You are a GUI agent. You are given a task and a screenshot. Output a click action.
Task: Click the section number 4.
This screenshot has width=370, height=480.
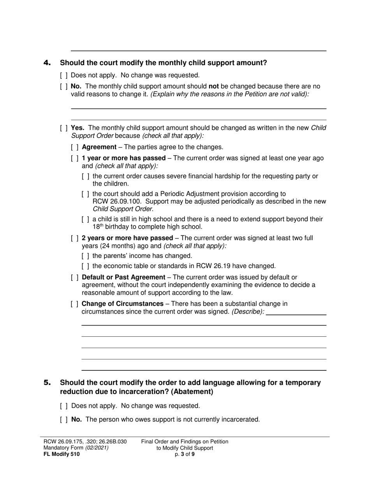click(x=47, y=63)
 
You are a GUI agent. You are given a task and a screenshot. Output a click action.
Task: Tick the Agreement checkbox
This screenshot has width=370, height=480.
click(x=75, y=147)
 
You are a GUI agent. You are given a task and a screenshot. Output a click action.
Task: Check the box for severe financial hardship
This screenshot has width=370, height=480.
click(x=86, y=176)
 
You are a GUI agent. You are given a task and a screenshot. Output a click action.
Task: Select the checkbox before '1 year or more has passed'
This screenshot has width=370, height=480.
click(x=75, y=158)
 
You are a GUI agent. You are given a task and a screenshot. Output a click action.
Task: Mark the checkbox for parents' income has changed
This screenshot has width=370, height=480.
click(x=86, y=256)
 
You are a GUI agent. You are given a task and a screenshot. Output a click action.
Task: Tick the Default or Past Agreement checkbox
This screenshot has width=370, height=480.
click(x=75, y=277)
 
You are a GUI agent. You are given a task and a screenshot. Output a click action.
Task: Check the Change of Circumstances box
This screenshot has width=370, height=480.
click(x=75, y=304)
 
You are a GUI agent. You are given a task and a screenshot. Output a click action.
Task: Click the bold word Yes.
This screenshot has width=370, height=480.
click(x=78, y=128)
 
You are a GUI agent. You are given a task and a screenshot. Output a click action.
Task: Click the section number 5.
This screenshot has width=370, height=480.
click(x=47, y=383)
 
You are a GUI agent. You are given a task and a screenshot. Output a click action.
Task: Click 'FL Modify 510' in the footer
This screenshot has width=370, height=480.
click(x=62, y=454)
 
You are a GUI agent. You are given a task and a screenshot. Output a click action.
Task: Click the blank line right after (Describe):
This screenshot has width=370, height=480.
click(x=296, y=312)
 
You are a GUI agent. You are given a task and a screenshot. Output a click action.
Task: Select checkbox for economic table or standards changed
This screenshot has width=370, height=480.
click(x=86, y=266)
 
